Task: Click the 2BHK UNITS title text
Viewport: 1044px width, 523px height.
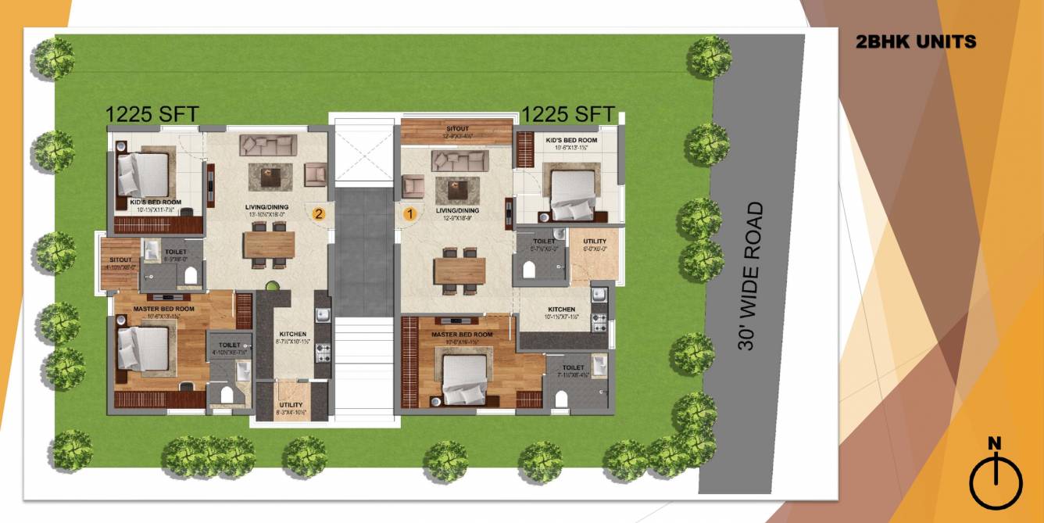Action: (x=916, y=42)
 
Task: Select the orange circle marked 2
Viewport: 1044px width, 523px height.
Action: (x=319, y=213)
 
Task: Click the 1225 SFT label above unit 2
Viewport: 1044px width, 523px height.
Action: (x=152, y=115)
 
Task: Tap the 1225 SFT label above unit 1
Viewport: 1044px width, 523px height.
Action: (x=568, y=114)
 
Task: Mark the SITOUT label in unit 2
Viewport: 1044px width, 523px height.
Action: (x=120, y=260)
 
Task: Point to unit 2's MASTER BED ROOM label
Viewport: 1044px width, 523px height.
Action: (x=163, y=309)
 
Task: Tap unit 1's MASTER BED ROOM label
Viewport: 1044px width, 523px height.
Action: (x=462, y=335)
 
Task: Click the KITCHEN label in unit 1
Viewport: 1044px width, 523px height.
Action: (x=561, y=310)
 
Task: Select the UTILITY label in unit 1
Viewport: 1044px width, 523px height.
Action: (x=595, y=242)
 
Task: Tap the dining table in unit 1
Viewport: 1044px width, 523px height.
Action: (x=459, y=270)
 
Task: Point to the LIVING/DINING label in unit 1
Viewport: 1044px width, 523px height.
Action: (x=457, y=210)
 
